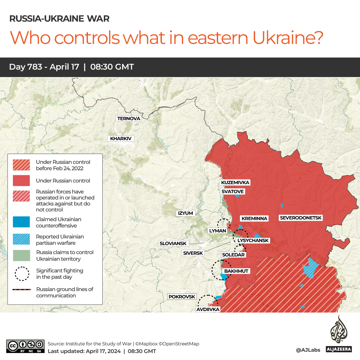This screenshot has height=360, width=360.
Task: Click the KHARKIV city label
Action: point(121,139)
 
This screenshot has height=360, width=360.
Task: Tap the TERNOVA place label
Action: point(129,119)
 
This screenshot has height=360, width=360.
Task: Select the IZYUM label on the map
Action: point(185,213)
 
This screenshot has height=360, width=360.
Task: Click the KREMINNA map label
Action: point(254,218)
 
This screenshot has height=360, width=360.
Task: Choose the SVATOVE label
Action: point(233,191)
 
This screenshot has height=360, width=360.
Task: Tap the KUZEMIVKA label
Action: point(235,182)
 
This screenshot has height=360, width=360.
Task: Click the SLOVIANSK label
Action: point(173,243)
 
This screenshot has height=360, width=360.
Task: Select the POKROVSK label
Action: point(182,297)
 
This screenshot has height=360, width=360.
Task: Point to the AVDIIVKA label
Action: point(208,309)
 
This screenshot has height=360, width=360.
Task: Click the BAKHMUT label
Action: point(236,271)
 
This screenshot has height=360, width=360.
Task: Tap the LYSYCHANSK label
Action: point(253,240)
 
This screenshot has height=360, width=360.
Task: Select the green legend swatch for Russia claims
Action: point(21,256)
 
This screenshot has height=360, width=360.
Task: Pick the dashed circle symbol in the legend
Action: point(21,274)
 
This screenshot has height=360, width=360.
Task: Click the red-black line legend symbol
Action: point(21,290)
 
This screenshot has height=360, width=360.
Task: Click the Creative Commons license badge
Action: point(25,346)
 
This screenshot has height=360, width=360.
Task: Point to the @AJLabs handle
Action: point(308,350)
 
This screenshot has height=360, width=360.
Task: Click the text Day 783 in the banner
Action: point(25,67)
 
